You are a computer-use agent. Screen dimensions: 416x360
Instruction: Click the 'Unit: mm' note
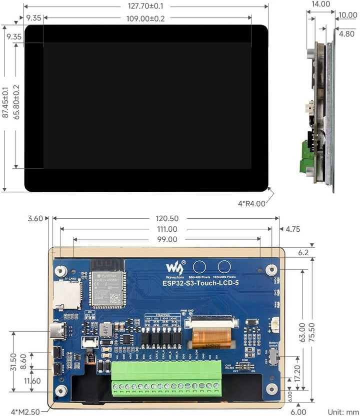pyautogui.click(x=342, y=412)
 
